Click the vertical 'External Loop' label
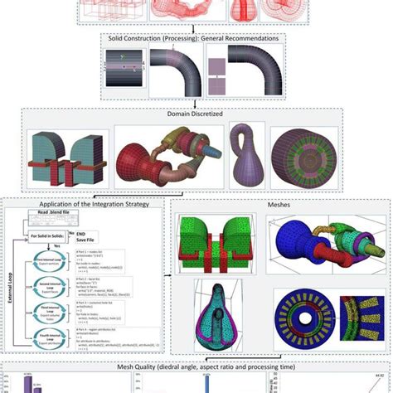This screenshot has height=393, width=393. pos(11,298)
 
